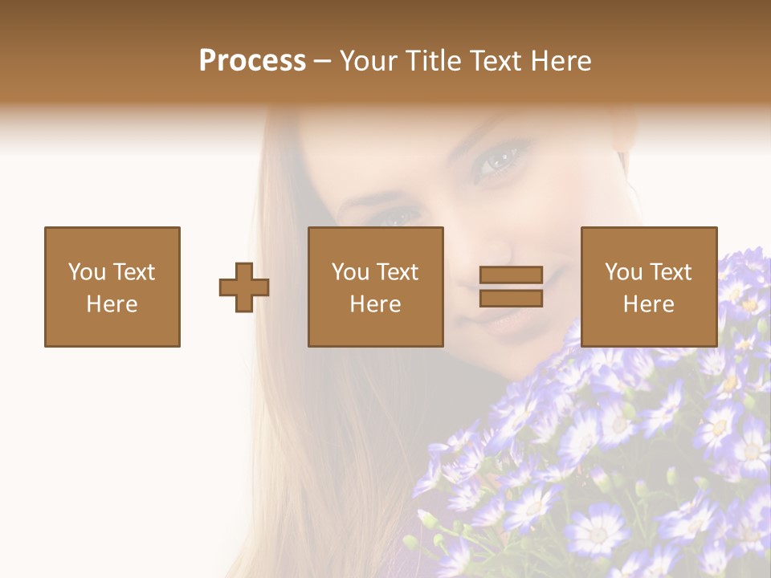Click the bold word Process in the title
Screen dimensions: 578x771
click(252, 61)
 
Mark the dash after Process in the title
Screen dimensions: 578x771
click(322, 62)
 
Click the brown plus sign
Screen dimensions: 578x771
click(244, 287)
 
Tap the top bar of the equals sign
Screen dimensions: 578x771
click(512, 275)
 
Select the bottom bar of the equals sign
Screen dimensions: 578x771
click(512, 299)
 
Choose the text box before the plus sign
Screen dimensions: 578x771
click(112, 287)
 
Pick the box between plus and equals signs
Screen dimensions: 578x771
click(376, 287)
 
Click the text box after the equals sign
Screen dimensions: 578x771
click(649, 287)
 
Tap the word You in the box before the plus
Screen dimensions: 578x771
click(86, 272)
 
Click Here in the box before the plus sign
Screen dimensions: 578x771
click(112, 304)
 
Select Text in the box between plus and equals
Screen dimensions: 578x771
click(399, 272)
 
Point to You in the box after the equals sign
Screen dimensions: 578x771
click(623, 272)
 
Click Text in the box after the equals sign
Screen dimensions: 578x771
click(672, 272)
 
